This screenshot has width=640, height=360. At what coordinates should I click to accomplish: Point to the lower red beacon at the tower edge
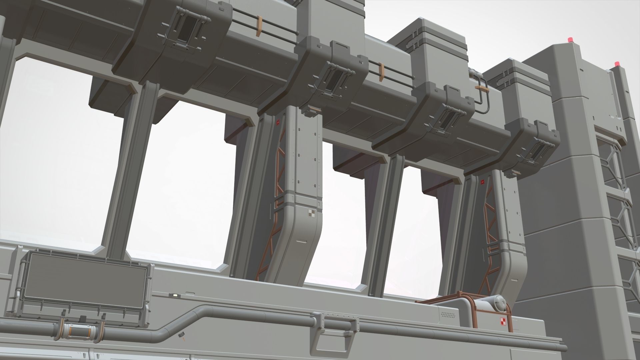[x=617, y=63]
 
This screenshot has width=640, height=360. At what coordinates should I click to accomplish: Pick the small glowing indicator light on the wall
[x=174, y=295]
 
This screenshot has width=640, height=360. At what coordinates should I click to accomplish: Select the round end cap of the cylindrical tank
[x=500, y=303]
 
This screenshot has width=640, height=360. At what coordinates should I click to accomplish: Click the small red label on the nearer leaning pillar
[x=278, y=122]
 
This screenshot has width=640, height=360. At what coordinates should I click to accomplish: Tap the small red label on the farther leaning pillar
[x=482, y=182]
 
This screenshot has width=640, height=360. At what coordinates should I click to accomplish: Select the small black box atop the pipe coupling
[x=83, y=318]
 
